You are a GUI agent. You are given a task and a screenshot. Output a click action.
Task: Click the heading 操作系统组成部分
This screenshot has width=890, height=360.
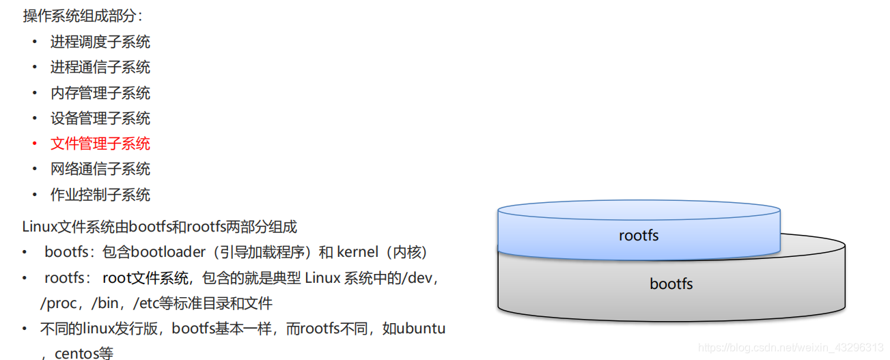[x=82, y=15]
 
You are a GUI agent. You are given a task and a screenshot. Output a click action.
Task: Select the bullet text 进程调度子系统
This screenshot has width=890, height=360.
[x=100, y=42]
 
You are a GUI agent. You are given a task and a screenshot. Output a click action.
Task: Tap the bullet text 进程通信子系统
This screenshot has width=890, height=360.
[x=100, y=67]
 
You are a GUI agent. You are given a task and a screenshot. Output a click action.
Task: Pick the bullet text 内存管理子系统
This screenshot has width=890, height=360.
[x=100, y=93]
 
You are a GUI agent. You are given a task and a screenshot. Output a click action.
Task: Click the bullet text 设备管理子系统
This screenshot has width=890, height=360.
[x=100, y=118]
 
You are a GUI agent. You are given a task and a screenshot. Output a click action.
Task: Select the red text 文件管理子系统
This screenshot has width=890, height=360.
[x=100, y=143]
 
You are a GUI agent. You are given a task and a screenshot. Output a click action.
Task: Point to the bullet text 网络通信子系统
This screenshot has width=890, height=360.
[x=100, y=169]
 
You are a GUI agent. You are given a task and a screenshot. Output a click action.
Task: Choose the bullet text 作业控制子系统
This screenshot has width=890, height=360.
[x=100, y=195]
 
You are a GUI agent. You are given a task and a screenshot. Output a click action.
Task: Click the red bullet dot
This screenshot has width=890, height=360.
[x=35, y=143]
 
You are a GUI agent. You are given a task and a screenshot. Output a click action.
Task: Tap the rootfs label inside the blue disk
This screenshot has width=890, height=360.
[x=639, y=236]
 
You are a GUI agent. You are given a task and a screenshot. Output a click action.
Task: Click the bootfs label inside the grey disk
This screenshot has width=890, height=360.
[x=671, y=283]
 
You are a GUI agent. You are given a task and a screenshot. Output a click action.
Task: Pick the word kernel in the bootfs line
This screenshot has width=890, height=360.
[x=357, y=252]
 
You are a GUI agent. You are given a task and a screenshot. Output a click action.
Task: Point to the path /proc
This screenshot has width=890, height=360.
[x=59, y=303]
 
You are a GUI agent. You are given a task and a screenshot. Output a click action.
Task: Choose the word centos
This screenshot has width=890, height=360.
[x=75, y=354]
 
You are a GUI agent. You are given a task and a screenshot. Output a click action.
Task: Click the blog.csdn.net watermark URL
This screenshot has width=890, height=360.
[x=790, y=348]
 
